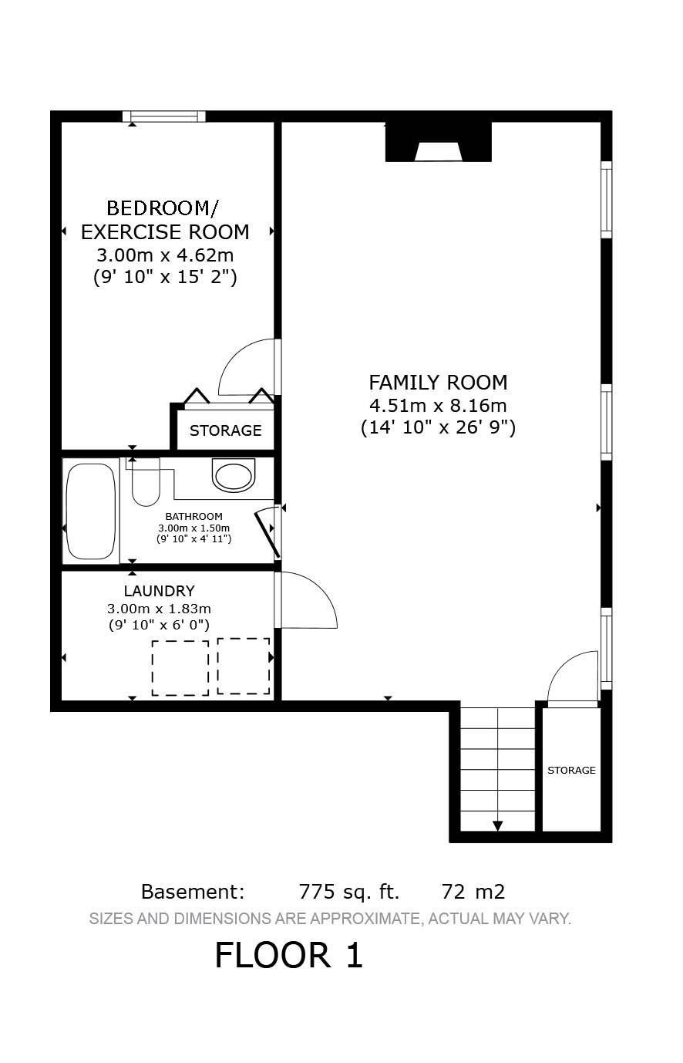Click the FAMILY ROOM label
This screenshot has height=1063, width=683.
pyautogui.click(x=438, y=383)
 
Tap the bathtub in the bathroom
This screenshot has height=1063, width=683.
pyautogui.click(x=91, y=511)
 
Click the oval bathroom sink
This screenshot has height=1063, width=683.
pyautogui.click(x=234, y=475)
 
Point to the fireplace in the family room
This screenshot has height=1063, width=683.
pyautogui.click(x=438, y=143)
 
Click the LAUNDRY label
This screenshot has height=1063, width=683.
pyautogui.click(x=159, y=592)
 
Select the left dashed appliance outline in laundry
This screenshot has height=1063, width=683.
pyautogui.click(x=180, y=667)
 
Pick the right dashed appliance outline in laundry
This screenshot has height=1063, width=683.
pyautogui.click(x=244, y=665)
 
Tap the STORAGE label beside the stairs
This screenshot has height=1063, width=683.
pyautogui.click(x=571, y=770)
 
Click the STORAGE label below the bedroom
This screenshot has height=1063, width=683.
pyautogui.click(x=225, y=430)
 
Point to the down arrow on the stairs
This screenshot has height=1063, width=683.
pyautogui.click(x=497, y=825)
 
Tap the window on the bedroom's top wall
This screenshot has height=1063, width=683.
pyautogui.click(x=164, y=116)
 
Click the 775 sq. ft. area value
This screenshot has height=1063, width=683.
pyautogui.click(x=348, y=893)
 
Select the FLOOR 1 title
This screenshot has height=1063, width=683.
pyautogui.click(x=288, y=956)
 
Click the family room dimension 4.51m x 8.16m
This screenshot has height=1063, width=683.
pyautogui.click(x=438, y=405)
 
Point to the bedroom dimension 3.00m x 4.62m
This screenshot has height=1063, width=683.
pyautogui.click(x=165, y=255)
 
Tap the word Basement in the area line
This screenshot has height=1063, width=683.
pyautogui.click(x=192, y=893)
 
